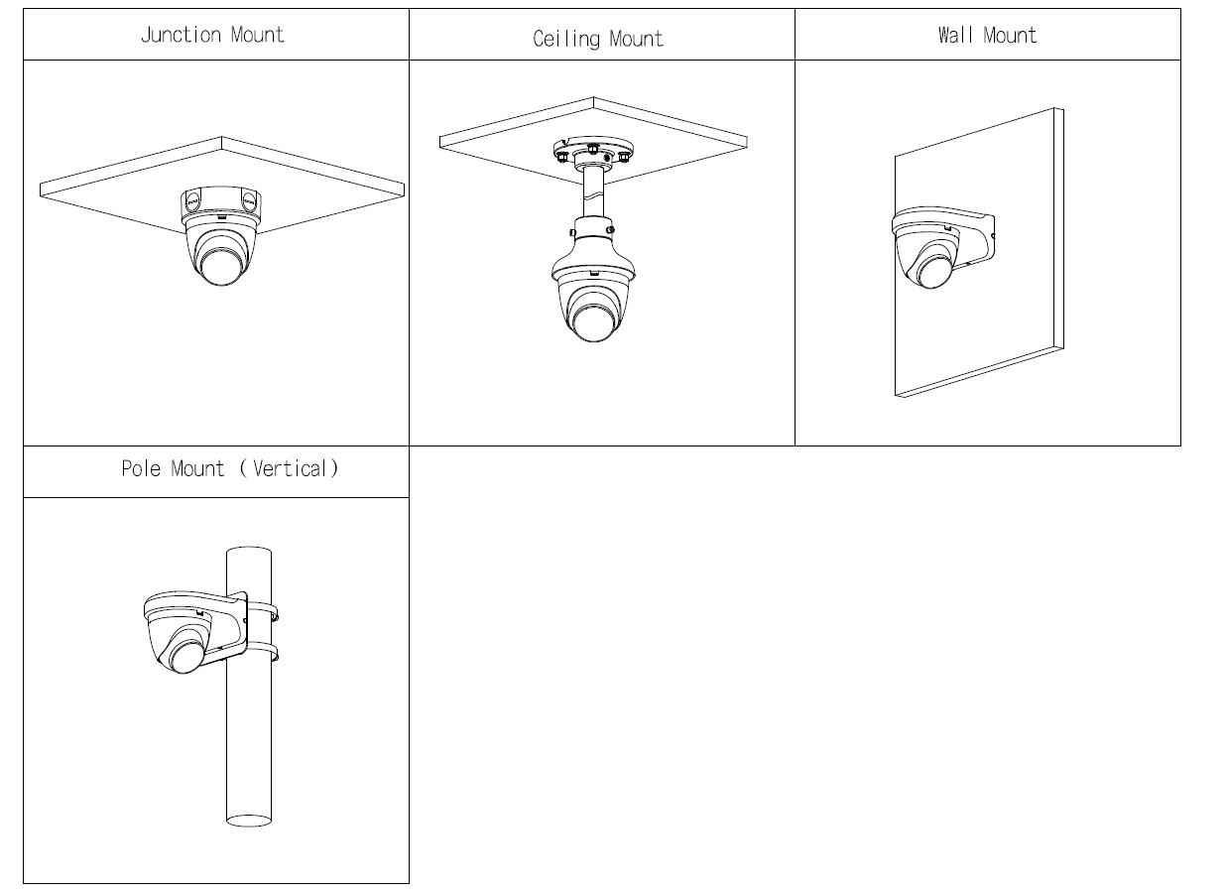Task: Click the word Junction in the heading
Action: [181, 35]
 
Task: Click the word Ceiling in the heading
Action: [566, 39]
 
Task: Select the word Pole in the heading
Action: [142, 468]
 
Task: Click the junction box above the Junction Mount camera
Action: [221, 202]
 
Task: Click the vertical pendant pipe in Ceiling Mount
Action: [594, 194]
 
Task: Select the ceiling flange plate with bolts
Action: [592, 154]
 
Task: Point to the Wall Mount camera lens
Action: [933, 271]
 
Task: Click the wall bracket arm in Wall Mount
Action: [977, 238]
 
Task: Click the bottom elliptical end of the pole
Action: [249, 821]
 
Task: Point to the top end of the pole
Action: [249, 552]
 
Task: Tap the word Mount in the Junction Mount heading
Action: [257, 35]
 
